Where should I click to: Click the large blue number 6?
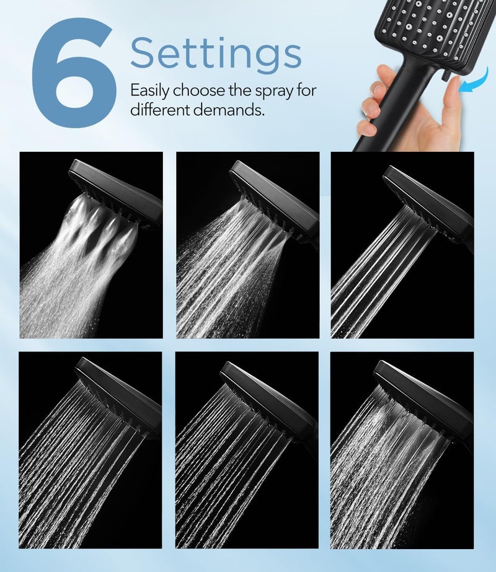click(x=73, y=73)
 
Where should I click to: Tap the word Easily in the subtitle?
click(x=149, y=90)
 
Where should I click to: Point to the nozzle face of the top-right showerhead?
click(x=434, y=31)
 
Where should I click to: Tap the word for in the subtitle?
click(x=306, y=90)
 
